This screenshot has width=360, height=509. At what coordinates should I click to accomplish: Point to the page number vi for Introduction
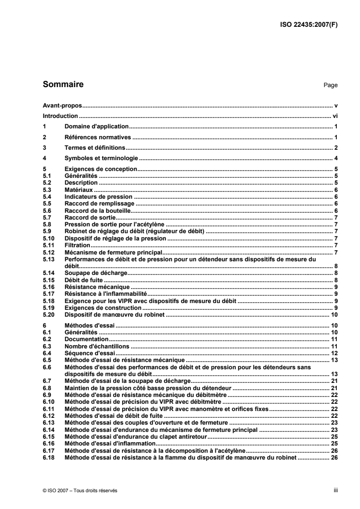(x=335, y=116)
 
